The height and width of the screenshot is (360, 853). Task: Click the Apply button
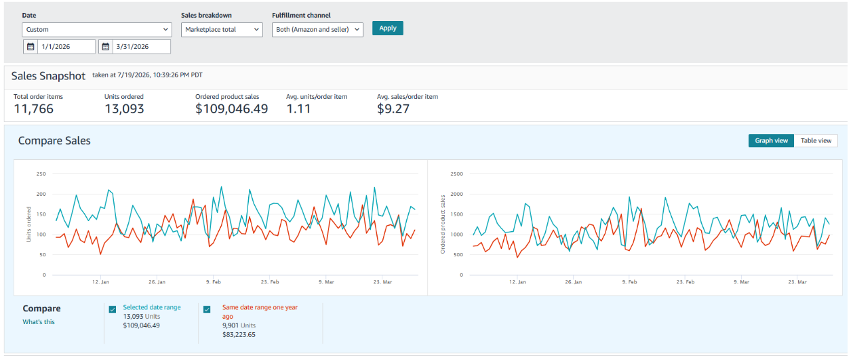(388, 28)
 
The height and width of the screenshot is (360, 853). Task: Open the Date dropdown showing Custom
(97, 30)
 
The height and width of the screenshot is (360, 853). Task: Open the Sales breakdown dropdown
(222, 30)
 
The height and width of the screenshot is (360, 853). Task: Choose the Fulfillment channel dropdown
(317, 30)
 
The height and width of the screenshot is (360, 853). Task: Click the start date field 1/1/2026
(66, 47)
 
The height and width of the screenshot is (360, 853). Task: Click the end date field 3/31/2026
(141, 47)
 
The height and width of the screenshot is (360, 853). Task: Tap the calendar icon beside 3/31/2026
(106, 47)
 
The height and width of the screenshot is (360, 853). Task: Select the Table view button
(816, 141)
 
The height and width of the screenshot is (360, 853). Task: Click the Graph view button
(771, 141)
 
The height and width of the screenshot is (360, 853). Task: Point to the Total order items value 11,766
(33, 109)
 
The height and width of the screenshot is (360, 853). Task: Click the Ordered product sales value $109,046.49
(231, 109)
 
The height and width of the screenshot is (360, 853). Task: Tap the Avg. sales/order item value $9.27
(393, 109)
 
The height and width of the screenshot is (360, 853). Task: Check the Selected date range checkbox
(113, 309)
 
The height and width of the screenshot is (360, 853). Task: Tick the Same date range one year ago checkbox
(207, 309)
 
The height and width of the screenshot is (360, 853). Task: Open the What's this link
(39, 322)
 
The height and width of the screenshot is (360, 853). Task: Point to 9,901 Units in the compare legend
(239, 325)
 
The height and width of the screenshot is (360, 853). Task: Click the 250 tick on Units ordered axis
(41, 174)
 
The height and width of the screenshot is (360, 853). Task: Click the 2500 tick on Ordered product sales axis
(456, 174)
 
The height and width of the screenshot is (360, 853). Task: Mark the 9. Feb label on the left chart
(213, 282)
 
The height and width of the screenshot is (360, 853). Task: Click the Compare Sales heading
(54, 141)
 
